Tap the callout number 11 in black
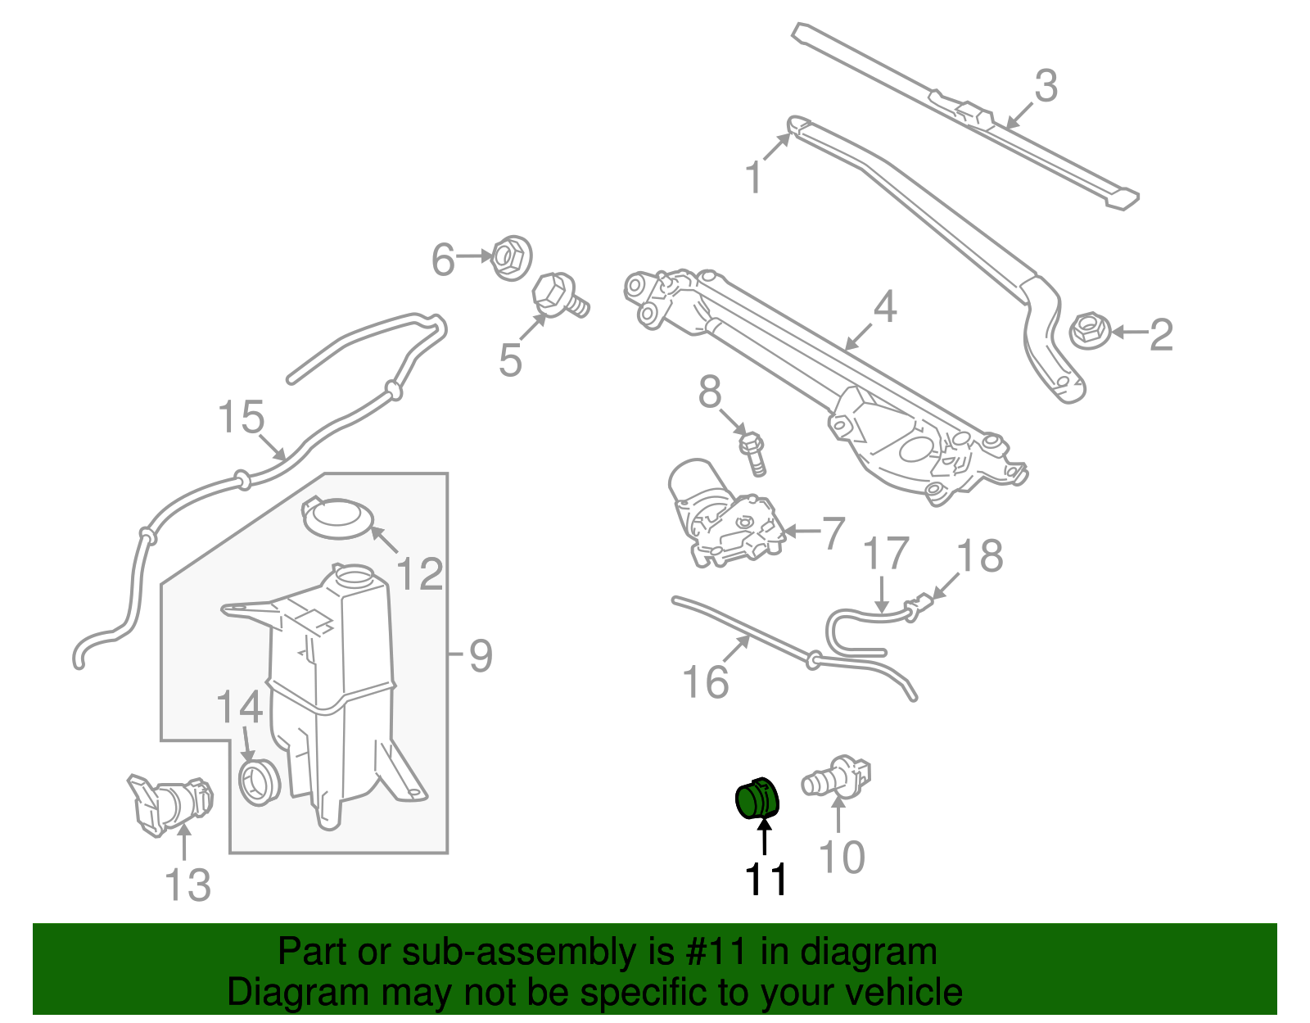(766, 880)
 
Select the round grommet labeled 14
(258, 781)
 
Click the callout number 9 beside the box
(481, 655)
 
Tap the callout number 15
(242, 417)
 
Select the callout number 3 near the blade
(1046, 86)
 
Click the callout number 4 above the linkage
(884, 307)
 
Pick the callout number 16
(705, 681)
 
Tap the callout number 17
(886, 554)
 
